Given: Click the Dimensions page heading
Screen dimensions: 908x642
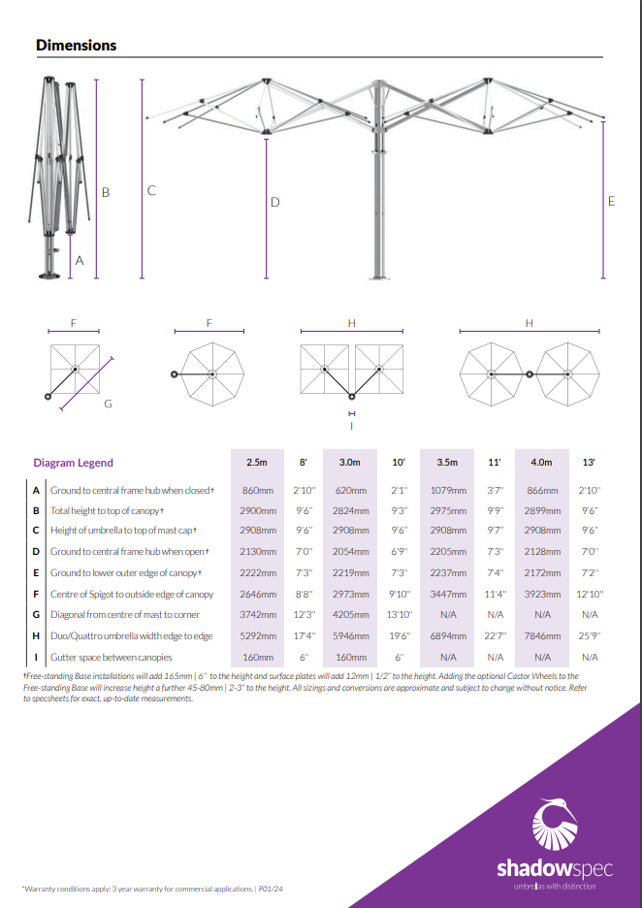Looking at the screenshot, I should (x=76, y=46).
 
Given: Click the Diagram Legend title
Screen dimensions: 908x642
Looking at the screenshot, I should (x=73, y=463).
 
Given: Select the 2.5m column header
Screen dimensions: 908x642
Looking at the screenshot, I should (x=256, y=463).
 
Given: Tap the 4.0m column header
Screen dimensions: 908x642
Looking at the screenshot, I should (x=542, y=463).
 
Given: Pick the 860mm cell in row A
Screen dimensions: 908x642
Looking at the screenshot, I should (x=256, y=491).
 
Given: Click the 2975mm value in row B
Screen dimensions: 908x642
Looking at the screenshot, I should (x=447, y=510).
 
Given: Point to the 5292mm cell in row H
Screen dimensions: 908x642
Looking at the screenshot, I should (x=256, y=635).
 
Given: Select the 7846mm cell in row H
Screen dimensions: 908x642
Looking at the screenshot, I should (x=542, y=635).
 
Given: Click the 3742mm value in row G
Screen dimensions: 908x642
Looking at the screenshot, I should (x=256, y=615).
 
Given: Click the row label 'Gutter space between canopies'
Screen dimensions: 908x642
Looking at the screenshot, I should (x=111, y=657).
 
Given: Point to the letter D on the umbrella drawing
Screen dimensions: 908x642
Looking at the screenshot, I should (x=275, y=203).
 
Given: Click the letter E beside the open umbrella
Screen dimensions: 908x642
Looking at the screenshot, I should (x=611, y=202).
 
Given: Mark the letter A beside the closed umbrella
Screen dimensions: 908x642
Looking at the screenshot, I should (x=80, y=261).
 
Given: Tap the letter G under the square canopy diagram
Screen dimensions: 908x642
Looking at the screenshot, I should (x=108, y=403).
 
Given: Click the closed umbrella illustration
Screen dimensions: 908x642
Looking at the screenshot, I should (x=53, y=179).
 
